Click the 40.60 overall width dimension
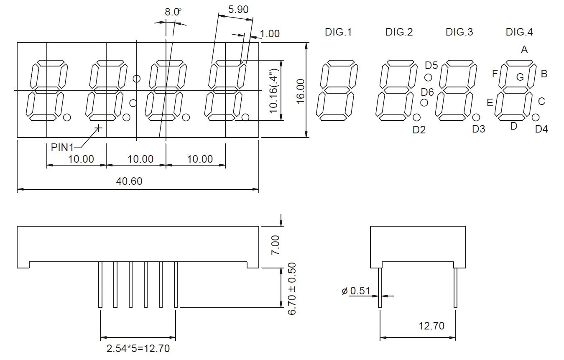(x=129, y=181)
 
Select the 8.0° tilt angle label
(x=172, y=12)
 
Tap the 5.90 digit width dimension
(x=238, y=9)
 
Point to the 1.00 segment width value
(x=270, y=33)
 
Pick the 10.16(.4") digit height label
(x=273, y=90)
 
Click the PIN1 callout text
(x=62, y=147)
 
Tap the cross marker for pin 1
(x=99, y=128)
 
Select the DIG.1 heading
(x=338, y=32)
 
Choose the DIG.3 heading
(x=459, y=32)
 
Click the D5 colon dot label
(x=431, y=65)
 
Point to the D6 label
(x=427, y=92)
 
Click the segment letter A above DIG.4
(x=524, y=50)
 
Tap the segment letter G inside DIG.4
(x=520, y=77)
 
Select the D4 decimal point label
(x=541, y=129)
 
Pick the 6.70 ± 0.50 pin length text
(x=292, y=289)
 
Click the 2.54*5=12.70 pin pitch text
(x=138, y=348)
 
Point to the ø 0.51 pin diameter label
(x=356, y=291)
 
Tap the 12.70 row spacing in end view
(x=431, y=325)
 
